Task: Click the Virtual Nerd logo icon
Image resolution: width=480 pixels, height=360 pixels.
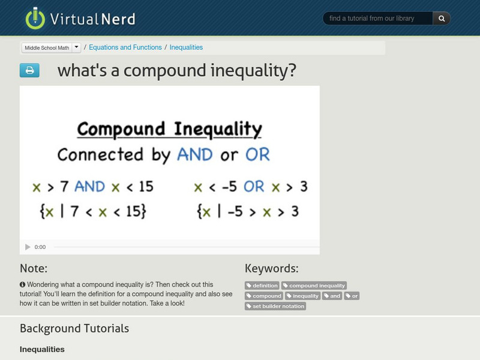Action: click(x=35, y=18)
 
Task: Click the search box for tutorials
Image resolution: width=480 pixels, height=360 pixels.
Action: click(x=378, y=19)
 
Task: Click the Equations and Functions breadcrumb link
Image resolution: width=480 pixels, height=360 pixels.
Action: click(x=125, y=47)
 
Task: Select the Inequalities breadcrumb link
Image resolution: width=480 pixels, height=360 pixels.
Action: click(x=186, y=47)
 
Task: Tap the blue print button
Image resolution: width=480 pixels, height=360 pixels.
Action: click(x=29, y=71)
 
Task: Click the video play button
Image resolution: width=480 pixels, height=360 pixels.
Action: click(x=28, y=247)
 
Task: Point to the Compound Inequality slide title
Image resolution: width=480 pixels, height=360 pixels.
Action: click(x=169, y=129)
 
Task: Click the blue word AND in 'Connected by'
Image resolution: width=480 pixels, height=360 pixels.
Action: click(x=194, y=155)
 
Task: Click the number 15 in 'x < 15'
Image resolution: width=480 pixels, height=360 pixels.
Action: click(x=146, y=187)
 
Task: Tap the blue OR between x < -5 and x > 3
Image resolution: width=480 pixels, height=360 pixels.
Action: click(x=254, y=187)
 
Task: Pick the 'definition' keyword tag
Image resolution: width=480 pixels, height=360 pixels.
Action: click(x=262, y=286)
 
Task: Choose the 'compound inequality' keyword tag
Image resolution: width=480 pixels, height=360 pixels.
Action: click(x=314, y=286)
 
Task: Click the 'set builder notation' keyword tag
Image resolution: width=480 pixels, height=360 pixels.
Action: click(x=275, y=306)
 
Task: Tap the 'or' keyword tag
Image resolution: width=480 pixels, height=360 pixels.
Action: click(x=352, y=296)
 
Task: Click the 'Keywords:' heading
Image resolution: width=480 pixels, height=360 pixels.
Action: click(x=271, y=268)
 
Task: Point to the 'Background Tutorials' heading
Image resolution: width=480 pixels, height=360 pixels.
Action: click(x=74, y=328)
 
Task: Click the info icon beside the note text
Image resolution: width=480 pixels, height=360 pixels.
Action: click(x=22, y=284)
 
